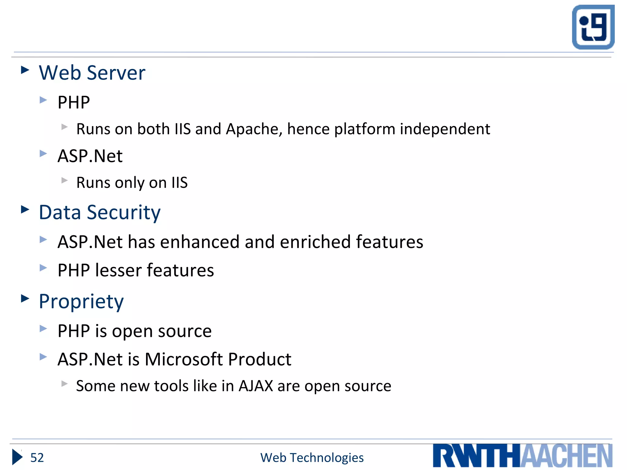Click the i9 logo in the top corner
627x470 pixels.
(x=593, y=27)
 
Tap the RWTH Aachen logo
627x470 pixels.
(x=522, y=456)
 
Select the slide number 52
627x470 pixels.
(x=37, y=458)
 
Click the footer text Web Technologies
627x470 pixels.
(x=312, y=458)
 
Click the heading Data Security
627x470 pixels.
(x=99, y=212)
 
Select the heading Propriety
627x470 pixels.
(x=81, y=302)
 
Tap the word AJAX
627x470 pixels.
(x=256, y=386)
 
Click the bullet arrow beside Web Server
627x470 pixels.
(x=25, y=70)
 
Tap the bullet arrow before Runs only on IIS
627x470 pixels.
(x=64, y=180)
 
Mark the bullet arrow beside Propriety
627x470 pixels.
(x=25, y=298)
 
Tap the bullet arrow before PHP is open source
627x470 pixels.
(x=43, y=329)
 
